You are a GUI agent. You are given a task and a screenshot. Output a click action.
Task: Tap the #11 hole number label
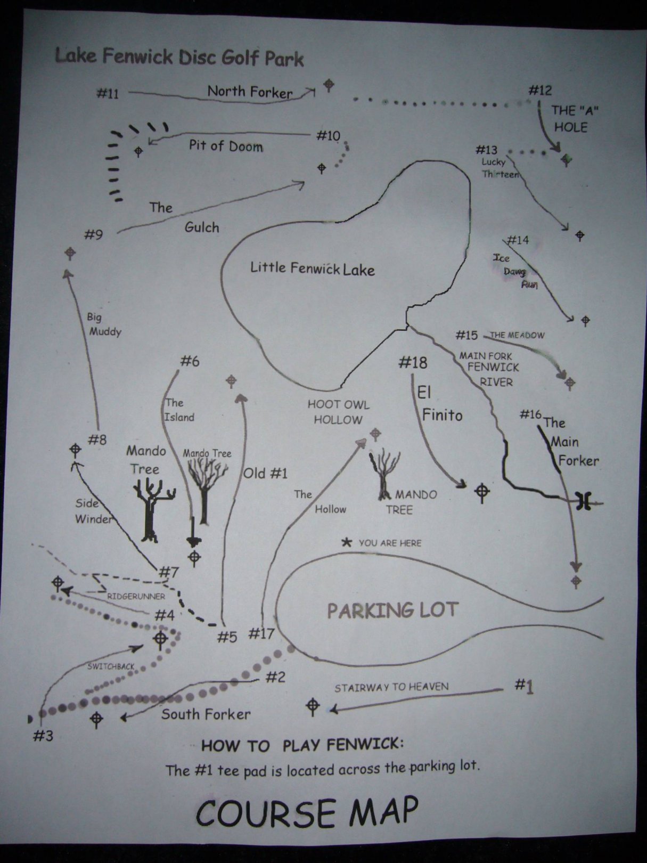(x=108, y=94)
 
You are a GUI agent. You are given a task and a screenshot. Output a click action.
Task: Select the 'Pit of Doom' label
(x=226, y=145)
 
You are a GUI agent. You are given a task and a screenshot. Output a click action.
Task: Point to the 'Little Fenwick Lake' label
(x=313, y=268)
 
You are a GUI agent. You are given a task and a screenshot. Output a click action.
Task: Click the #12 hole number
(x=540, y=91)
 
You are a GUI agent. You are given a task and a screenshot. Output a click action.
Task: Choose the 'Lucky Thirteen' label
(x=497, y=168)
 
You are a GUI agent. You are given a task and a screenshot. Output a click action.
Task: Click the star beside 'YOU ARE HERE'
(x=347, y=543)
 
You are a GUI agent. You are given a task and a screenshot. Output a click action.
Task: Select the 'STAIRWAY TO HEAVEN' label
(x=391, y=688)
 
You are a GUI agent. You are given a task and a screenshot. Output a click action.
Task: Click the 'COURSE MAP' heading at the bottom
(x=307, y=813)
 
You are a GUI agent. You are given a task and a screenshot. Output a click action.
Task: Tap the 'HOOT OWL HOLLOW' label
(x=338, y=412)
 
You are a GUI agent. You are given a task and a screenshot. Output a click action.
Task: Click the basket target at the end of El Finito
(x=482, y=493)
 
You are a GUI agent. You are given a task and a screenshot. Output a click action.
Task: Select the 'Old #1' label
(x=265, y=473)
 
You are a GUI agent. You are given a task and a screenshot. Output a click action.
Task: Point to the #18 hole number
(x=413, y=363)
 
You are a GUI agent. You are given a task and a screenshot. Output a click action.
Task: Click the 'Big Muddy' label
(x=104, y=324)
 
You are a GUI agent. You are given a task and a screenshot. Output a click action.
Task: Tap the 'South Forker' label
(x=206, y=714)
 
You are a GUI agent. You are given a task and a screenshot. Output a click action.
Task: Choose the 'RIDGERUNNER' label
(x=136, y=597)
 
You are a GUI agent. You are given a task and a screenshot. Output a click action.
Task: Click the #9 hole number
(x=93, y=234)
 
